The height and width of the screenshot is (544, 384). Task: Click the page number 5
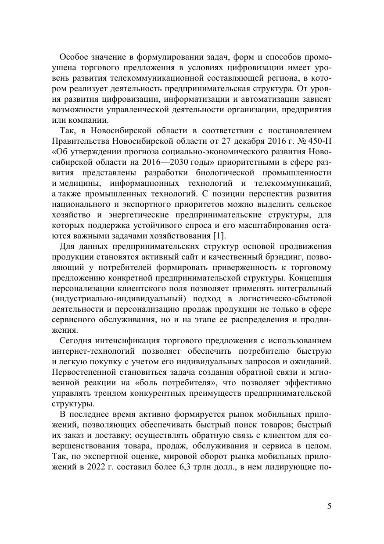pyautogui.click(x=329, y=507)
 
